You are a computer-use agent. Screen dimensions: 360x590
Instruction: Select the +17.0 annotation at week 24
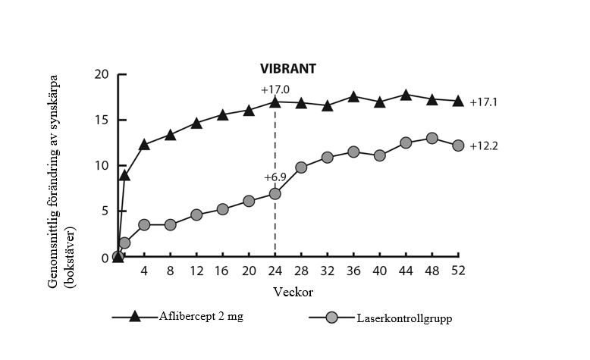point(276,89)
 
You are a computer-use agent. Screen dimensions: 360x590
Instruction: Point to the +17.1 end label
point(484,102)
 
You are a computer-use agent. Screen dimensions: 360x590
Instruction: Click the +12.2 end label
point(484,146)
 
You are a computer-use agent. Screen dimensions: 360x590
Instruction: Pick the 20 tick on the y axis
point(102,74)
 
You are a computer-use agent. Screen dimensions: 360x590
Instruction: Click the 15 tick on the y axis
point(102,120)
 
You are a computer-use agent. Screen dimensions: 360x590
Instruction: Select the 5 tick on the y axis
point(105,212)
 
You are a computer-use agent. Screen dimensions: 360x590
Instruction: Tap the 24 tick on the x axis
point(275,271)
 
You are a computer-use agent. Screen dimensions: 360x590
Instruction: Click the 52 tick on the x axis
point(458,271)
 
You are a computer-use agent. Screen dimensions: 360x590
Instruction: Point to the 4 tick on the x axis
point(144,271)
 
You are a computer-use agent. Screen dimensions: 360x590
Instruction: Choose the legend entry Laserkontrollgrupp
point(404,318)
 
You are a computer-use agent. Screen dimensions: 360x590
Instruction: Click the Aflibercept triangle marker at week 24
point(275,102)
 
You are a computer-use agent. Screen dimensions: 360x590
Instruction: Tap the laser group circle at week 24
point(275,193)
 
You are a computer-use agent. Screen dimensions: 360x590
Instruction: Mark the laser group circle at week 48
point(432,138)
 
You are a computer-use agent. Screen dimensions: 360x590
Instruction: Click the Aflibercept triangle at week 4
point(144,144)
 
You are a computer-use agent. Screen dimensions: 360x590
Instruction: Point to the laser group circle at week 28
point(301,167)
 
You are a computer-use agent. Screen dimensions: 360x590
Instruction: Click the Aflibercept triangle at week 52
point(458,101)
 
